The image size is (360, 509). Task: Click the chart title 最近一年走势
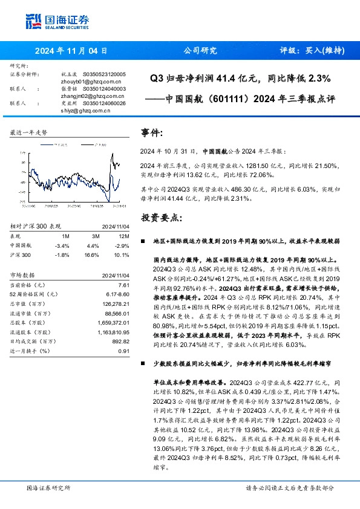point(28,132)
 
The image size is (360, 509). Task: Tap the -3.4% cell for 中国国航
point(62,246)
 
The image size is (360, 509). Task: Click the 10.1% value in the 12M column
point(122,254)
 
